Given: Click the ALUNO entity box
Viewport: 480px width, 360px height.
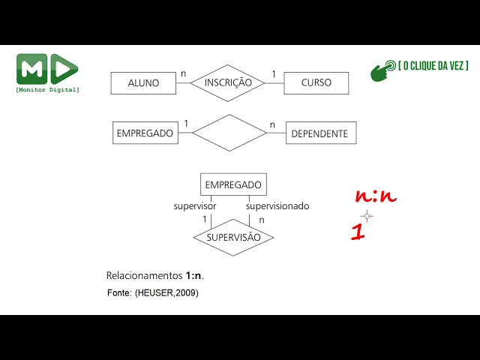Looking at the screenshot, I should [143, 82].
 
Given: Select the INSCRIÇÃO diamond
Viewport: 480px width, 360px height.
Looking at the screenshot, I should [228, 82].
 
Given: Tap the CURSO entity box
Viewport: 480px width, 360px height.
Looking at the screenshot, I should [316, 82].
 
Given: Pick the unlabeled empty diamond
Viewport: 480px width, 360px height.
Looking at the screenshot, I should [229, 133].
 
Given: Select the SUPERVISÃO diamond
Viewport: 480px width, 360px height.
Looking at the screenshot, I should [233, 237].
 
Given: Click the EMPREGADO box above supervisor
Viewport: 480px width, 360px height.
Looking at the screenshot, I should [233, 184].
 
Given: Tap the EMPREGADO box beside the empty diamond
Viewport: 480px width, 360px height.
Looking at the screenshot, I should [145, 133].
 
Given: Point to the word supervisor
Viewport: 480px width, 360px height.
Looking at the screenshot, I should [195, 205].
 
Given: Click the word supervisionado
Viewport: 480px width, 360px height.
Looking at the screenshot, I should [277, 205].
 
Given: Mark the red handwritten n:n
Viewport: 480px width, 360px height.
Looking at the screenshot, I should [376, 197].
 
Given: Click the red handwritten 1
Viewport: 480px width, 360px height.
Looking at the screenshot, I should [358, 232].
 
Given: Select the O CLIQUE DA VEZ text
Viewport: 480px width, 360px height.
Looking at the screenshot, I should [433, 66].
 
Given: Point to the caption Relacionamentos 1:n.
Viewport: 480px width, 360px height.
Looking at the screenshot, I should [155, 275].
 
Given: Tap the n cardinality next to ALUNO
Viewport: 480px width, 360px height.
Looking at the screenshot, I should [184, 73].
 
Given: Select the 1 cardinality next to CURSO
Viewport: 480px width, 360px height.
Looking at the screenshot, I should [274, 73].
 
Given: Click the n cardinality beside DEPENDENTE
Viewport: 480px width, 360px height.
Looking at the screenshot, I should [273, 124].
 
